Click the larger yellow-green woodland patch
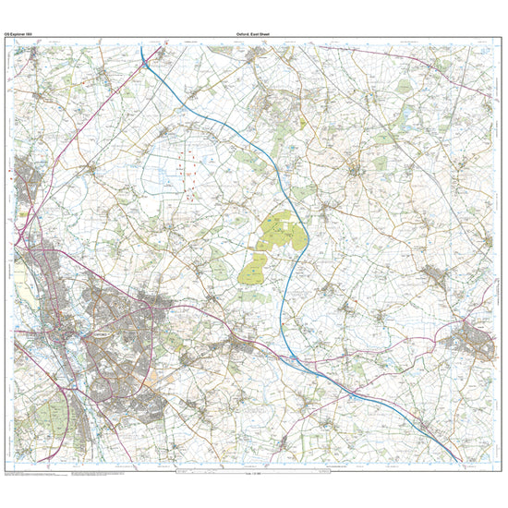(281, 232)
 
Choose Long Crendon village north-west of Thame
(434, 274)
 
